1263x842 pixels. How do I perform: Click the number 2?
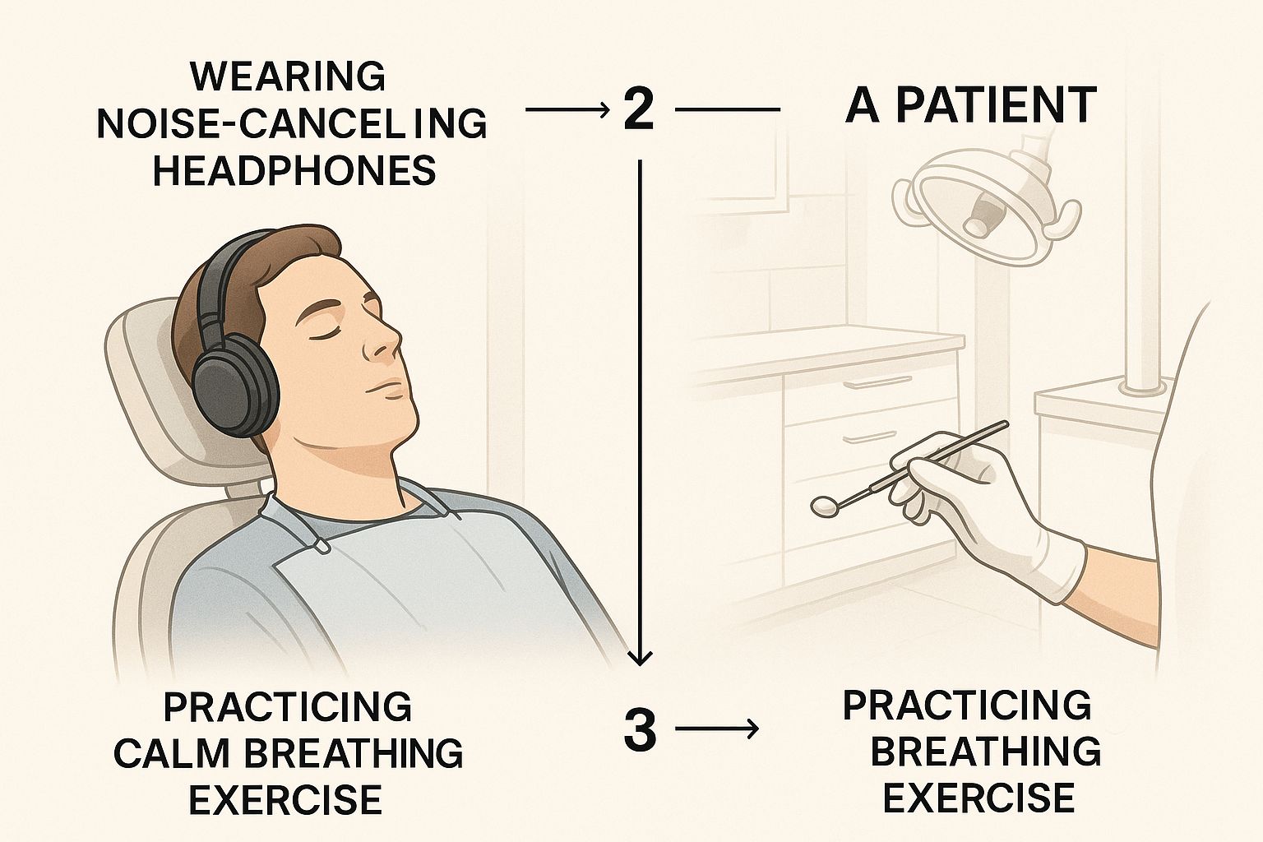(x=639, y=109)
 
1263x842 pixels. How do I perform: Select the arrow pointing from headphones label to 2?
(x=568, y=109)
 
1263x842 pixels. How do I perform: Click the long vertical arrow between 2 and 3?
(x=640, y=413)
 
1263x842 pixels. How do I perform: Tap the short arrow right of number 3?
(x=717, y=729)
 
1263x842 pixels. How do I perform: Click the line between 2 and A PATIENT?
(x=728, y=109)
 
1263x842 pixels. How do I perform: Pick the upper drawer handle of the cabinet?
(x=872, y=383)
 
